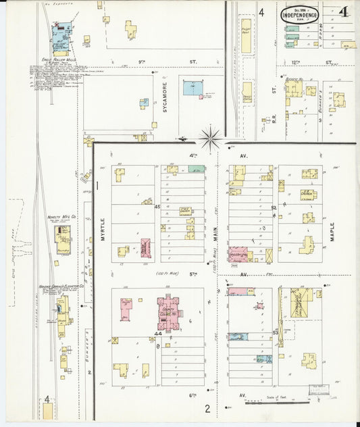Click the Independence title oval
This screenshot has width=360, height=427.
pos(299,14)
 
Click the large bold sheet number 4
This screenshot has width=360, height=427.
pos(344,12)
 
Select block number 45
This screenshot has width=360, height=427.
pos(157,207)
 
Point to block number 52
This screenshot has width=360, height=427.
pos(274,207)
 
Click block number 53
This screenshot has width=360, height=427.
pos(275,332)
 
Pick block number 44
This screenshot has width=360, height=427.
pos(157,333)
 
